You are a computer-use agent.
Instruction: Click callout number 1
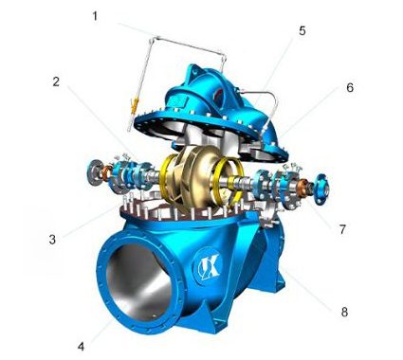95,16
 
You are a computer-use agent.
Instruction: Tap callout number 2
56,81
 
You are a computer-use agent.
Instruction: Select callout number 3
52,240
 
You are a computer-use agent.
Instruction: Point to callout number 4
82,347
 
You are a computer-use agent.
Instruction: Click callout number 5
302,30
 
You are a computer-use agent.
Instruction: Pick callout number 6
350,87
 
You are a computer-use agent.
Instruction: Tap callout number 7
343,229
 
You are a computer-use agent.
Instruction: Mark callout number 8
344,312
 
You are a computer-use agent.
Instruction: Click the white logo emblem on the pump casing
209,262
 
